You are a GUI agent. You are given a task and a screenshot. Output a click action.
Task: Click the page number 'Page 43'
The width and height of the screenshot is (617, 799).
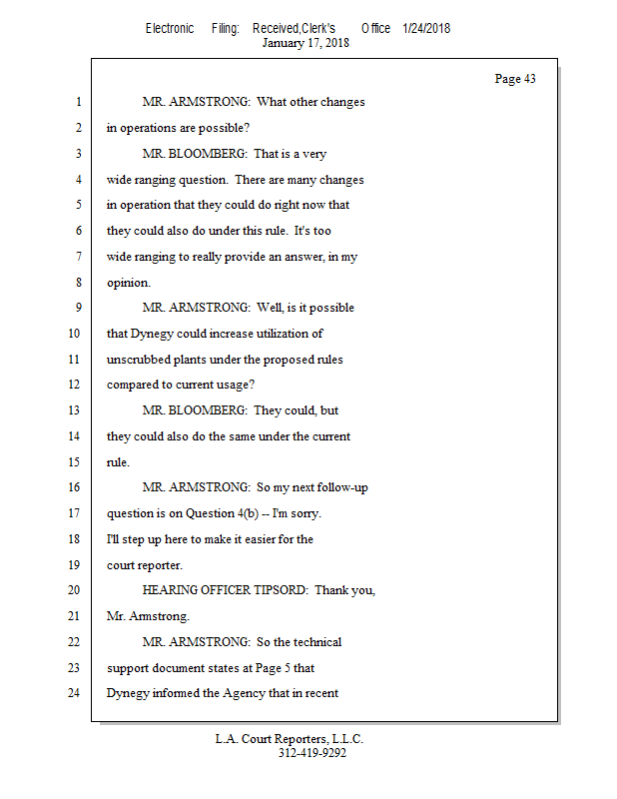coord(515,79)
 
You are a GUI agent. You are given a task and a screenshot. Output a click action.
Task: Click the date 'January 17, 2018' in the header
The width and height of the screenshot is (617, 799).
coord(306,43)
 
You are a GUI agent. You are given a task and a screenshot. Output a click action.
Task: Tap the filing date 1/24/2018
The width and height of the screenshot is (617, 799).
coord(426,28)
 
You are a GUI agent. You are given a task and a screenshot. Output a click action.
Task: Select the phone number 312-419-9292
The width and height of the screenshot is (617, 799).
coord(312,753)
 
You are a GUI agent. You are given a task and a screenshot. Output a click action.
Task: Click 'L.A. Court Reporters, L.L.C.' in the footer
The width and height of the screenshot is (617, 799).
coord(290,739)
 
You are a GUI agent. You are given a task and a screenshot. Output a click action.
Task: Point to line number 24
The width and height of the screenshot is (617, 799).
coord(73,692)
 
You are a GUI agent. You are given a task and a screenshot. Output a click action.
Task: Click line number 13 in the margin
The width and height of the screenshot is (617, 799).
coord(73,410)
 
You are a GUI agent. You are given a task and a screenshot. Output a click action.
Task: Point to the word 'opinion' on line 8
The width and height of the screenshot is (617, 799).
coord(127,283)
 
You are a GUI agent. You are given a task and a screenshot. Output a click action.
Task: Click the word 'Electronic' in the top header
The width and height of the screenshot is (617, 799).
coord(170,28)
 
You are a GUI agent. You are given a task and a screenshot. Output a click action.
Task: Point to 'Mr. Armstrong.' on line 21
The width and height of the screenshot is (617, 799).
coord(148,616)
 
